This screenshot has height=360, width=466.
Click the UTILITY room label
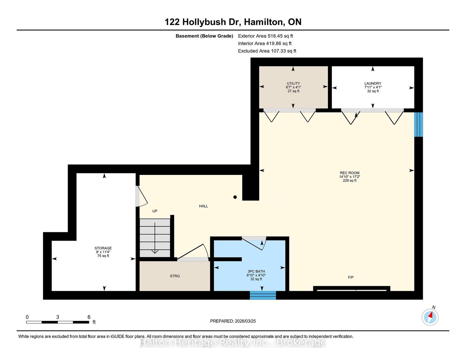coord(293,83)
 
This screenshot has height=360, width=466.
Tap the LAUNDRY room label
coord(373,83)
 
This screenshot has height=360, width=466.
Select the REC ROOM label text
coord(349,173)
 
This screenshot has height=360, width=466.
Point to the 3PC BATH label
coord(256,271)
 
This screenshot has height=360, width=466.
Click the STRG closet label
coord(175,276)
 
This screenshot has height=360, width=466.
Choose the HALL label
coord(204,206)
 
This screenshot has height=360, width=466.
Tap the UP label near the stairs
coord(155,211)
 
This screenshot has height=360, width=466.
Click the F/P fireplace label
coord(351,277)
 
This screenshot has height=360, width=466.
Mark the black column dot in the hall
coord(235,197)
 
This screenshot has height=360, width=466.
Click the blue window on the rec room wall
coord(418,124)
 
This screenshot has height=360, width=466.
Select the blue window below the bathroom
coord(263,295)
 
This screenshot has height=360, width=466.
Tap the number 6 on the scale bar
coord(89,317)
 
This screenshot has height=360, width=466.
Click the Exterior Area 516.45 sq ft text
coord(265,36)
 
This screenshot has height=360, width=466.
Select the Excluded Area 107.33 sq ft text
coord(267,51)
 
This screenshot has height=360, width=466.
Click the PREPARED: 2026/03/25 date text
coord(233,321)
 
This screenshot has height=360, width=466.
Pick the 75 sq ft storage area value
coord(103,256)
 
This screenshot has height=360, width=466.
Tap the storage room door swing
coord(141,196)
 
